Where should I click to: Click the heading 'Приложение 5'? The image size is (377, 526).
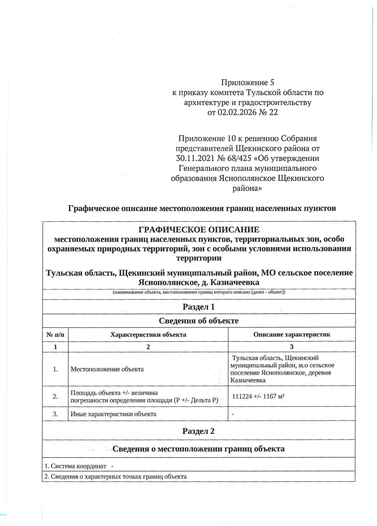point(248,83)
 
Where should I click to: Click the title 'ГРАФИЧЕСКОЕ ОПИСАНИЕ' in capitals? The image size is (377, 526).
point(199,229)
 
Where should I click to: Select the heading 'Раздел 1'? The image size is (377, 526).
point(199,307)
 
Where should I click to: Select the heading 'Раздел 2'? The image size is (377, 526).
point(199,431)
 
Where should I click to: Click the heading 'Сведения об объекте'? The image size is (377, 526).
point(199,321)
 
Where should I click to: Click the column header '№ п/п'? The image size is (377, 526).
point(55,335)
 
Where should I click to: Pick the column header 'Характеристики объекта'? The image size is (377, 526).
point(148,335)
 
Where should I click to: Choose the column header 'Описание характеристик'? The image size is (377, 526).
point(292,335)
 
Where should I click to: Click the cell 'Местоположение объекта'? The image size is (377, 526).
point(107,369)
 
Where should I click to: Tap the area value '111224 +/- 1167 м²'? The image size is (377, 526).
point(258,397)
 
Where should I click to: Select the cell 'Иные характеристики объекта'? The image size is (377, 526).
point(113,414)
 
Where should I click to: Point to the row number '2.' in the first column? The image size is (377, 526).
point(55,397)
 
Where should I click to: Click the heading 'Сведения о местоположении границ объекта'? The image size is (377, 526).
point(199,449)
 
